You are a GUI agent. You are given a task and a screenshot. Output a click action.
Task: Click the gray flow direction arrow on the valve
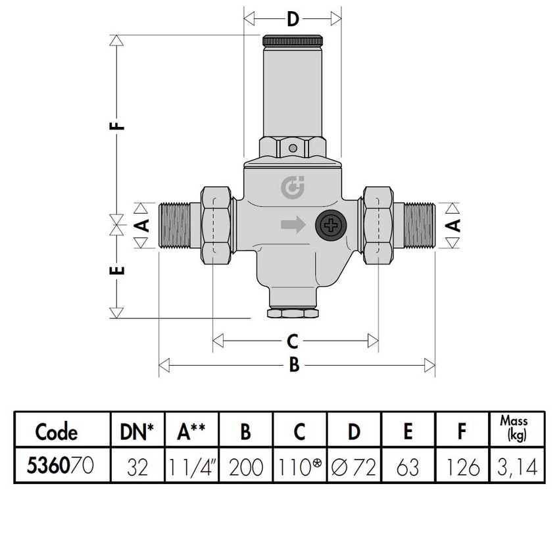pyautogui.click(x=293, y=226)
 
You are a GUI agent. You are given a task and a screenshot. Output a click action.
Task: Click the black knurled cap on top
pyautogui.click(x=293, y=41)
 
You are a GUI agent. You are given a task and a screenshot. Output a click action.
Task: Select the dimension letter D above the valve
pyautogui.click(x=293, y=17)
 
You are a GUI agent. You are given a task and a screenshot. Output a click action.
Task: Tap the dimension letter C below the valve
pyautogui.click(x=293, y=341)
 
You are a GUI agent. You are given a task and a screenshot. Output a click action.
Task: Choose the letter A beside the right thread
pyautogui.click(x=453, y=226)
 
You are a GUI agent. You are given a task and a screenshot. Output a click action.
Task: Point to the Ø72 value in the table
pyautogui.click(x=354, y=467)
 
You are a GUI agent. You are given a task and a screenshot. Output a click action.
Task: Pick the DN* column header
pyautogui.click(x=137, y=431)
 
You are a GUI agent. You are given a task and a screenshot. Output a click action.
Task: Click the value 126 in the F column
pyautogui.click(x=462, y=467)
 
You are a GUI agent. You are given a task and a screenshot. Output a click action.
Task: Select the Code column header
pyautogui.click(x=57, y=432)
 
